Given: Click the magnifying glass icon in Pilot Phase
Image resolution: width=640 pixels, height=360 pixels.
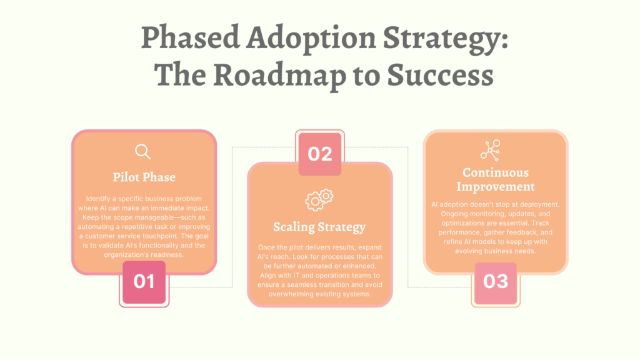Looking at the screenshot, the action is (142, 151).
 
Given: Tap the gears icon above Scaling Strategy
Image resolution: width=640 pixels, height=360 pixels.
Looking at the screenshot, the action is (319, 199).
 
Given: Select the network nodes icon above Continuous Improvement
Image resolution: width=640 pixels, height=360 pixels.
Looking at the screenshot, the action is (490, 150).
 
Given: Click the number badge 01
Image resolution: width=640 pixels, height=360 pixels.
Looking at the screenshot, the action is (144, 282).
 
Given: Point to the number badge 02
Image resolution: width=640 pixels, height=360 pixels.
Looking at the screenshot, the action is (320, 154).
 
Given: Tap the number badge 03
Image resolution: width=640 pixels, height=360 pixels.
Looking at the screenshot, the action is (496, 282).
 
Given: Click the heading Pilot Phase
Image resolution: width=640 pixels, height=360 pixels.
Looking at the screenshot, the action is (144, 177).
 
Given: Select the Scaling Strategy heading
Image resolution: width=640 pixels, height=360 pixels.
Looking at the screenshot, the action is (319, 227).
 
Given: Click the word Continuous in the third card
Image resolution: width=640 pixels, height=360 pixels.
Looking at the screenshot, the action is (496, 172).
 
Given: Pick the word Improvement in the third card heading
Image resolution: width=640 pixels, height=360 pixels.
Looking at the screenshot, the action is (496, 187).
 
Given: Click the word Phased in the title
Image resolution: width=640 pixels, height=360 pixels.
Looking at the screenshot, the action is (190, 37).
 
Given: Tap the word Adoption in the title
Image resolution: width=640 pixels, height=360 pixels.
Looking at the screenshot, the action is (311, 39).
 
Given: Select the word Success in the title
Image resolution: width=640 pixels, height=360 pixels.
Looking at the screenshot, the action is (440, 76).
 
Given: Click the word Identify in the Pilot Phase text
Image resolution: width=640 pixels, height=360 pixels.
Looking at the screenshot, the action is (97, 199).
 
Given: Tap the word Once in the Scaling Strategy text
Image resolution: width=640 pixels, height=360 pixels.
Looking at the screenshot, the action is (266, 247).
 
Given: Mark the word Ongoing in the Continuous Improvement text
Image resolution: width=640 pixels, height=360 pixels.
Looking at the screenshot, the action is (455, 214).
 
